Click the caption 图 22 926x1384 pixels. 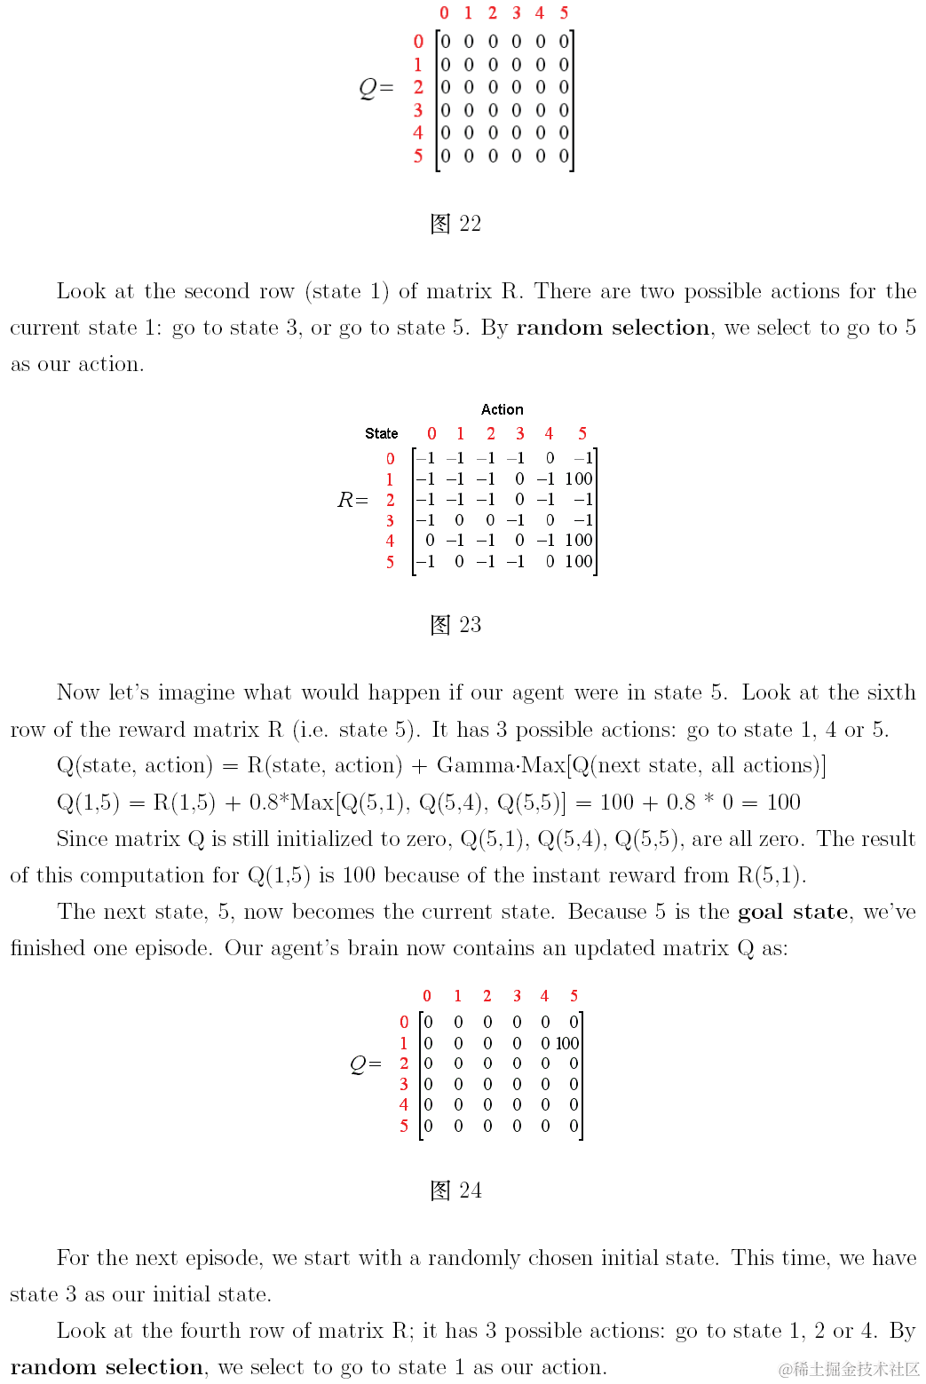point(455,224)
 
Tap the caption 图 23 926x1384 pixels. point(455,625)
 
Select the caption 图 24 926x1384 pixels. point(455,1190)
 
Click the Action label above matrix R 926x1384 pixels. point(502,409)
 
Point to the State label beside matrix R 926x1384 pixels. point(381,433)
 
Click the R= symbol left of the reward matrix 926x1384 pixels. point(352,500)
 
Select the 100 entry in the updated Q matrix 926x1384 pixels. point(567,1043)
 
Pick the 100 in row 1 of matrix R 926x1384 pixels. point(578,478)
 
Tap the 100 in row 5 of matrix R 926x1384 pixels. point(578,561)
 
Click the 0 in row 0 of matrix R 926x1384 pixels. point(550,458)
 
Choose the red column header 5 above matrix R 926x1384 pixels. point(582,433)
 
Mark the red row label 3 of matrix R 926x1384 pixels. point(390,520)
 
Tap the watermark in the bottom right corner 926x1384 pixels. point(849,1369)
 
